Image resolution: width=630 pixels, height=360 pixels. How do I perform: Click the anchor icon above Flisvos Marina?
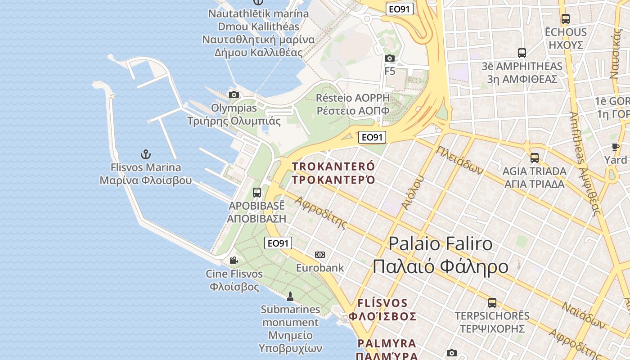click(x=145, y=154)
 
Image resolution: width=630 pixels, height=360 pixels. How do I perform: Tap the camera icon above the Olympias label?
click(x=234, y=94)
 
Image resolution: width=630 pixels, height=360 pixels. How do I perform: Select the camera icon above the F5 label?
click(x=390, y=58)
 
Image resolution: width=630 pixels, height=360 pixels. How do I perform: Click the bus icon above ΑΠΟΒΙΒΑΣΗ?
click(x=257, y=193)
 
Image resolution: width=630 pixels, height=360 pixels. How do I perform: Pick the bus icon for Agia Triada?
click(x=535, y=158)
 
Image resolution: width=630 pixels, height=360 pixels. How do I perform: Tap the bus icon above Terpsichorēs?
click(x=492, y=303)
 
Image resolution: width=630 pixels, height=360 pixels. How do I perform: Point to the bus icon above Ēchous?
click(x=566, y=19)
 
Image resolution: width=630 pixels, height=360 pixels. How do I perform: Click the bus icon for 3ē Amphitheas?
click(x=522, y=53)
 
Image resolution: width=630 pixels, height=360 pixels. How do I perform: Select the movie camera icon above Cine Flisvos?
click(x=234, y=260)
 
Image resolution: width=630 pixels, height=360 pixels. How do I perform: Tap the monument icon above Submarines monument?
click(x=290, y=296)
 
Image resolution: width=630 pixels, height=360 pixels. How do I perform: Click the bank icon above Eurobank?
click(x=320, y=255)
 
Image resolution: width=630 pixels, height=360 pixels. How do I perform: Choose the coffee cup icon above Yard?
click(x=616, y=147)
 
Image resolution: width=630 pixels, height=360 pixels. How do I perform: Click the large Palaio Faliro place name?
click(x=440, y=255)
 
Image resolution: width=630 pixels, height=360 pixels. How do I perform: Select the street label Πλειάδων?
click(x=459, y=160)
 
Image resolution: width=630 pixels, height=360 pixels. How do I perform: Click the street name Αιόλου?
click(x=413, y=193)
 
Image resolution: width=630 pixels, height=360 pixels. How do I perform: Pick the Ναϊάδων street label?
click(x=584, y=315)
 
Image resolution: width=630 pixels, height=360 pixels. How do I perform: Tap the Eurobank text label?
click(x=320, y=268)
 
